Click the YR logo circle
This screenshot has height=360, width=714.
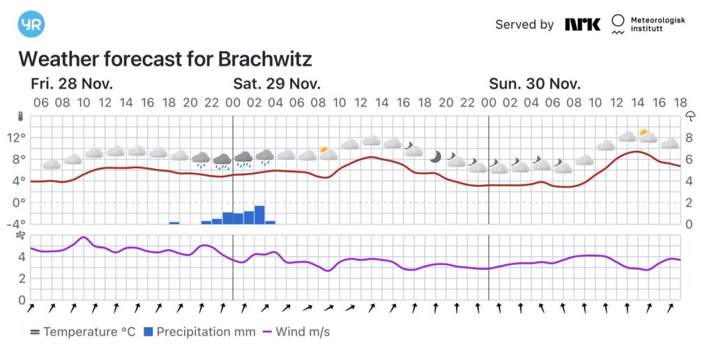coord(31,24)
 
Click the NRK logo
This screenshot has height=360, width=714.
coord(582,24)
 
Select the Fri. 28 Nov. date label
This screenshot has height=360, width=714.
coord(72,84)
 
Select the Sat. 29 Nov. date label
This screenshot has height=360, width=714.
coord(277,84)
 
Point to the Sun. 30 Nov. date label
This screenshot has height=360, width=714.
coord(535,84)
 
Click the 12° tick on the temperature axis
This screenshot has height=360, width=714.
coord(17,137)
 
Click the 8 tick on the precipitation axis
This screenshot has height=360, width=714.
coord(688,137)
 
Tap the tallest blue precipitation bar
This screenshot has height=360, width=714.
coord(259,215)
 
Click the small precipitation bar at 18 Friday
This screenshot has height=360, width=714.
coord(174,223)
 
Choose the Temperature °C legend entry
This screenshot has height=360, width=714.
coord(82,332)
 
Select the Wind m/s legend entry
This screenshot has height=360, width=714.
coord(296,332)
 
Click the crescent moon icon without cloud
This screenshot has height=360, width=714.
coord(435,156)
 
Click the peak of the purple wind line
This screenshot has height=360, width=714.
coord(84,237)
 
